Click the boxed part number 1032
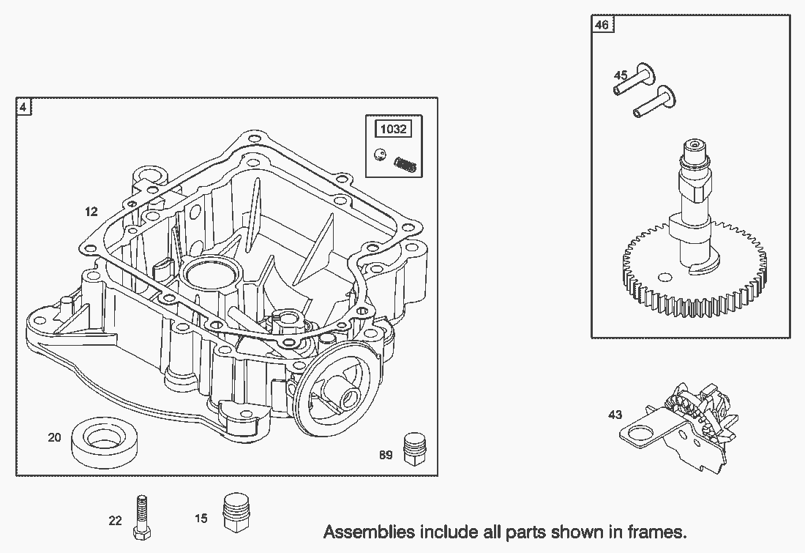393,130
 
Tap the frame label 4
23,107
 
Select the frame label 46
601,25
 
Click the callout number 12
91,212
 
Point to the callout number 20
54,437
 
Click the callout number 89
386,455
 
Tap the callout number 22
115,521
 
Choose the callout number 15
201,519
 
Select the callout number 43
615,415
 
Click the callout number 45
620,75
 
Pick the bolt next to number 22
141,515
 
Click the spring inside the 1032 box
405,164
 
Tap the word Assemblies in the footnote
366,532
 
